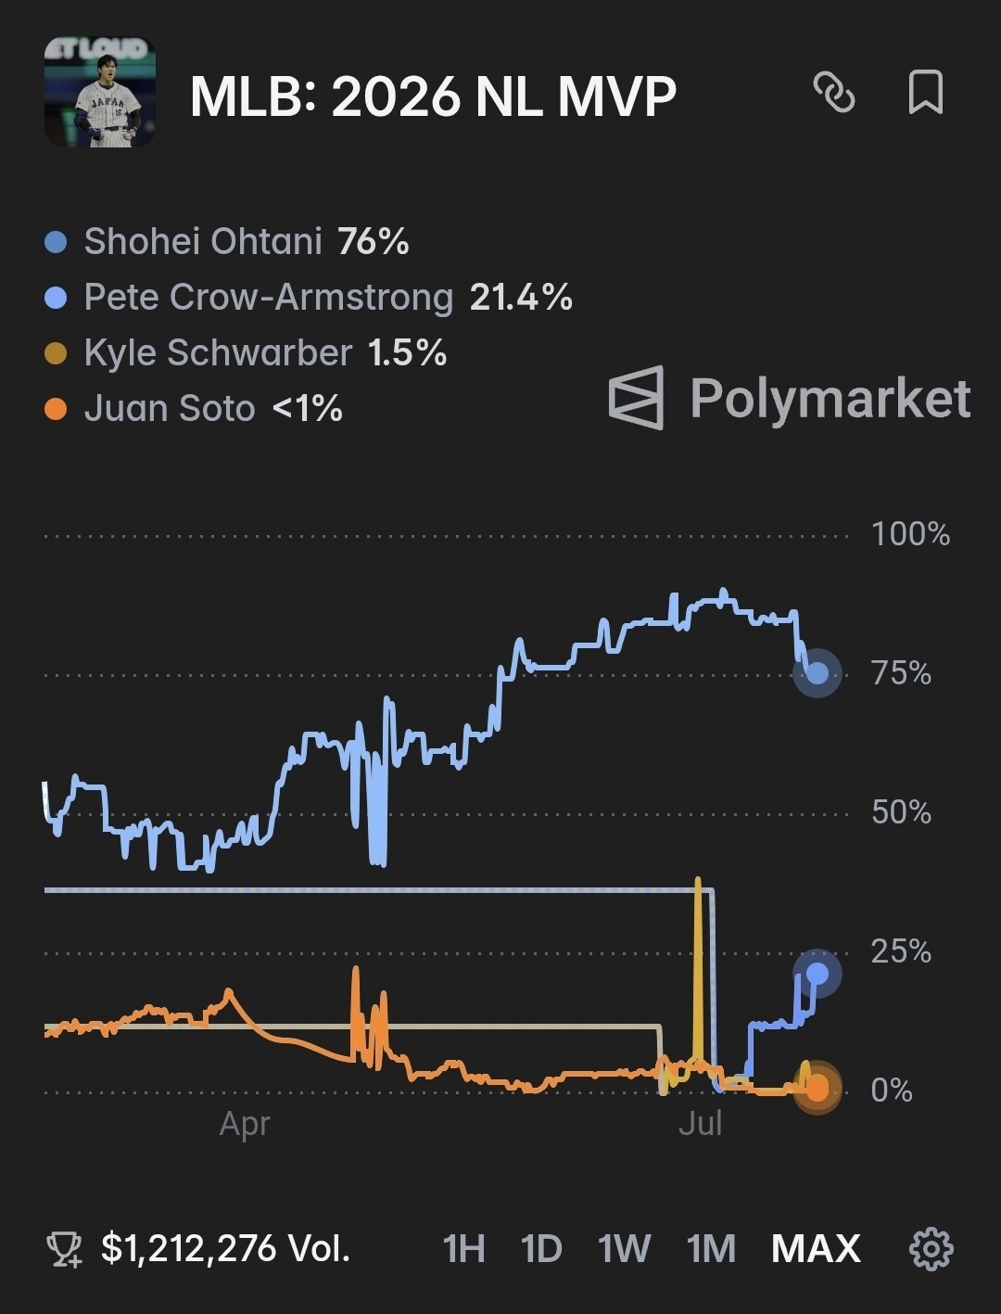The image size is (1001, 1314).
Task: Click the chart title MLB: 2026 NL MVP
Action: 433,96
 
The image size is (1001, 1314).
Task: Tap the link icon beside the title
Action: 834,92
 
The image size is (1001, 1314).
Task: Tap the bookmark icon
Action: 926,92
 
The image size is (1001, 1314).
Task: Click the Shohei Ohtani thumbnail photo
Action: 100,92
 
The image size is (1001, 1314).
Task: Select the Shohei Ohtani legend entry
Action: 227,241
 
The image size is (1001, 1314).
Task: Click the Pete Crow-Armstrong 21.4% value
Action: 521,297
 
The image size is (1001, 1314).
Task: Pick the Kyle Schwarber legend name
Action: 218,352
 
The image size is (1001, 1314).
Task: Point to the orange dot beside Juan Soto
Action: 56,410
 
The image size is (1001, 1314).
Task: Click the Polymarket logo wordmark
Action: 790,398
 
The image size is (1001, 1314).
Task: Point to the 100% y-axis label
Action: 911,534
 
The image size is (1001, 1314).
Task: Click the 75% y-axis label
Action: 901,673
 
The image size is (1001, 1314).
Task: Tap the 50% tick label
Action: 901,813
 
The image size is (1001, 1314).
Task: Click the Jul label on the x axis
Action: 700,1124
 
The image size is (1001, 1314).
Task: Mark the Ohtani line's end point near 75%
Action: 817,673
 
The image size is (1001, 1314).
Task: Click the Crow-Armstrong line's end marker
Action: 817,974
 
